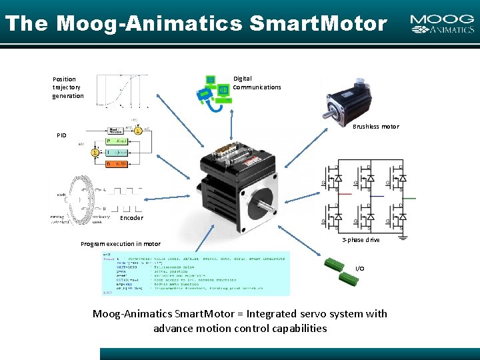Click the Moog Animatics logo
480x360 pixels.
pyautogui.click(x=442, y=25)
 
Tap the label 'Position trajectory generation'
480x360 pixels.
pyautogui.click(x=68, y=87)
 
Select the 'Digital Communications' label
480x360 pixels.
pyautogui.click(x=257, y=83)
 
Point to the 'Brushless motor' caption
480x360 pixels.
pyautogui.click(x=375, y=127)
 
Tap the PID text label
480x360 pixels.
pyautogui.click(x=61, y=135)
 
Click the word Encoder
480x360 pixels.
pyautogui.click(x=131, y=218)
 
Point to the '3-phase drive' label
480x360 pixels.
pyautogui.click(x=361, y=240)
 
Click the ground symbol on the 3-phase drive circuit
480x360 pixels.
pyautogui.click(x=403, y=235)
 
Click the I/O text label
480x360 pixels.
pyautogui.click(x=360, y=269)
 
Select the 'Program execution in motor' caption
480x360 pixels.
pyautogui.click(x=121, y=244)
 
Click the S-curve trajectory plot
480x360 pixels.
pyautogui.click(x=123, y=90)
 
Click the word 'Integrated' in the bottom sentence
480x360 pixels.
pyautogui.click(x=275, y=314)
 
